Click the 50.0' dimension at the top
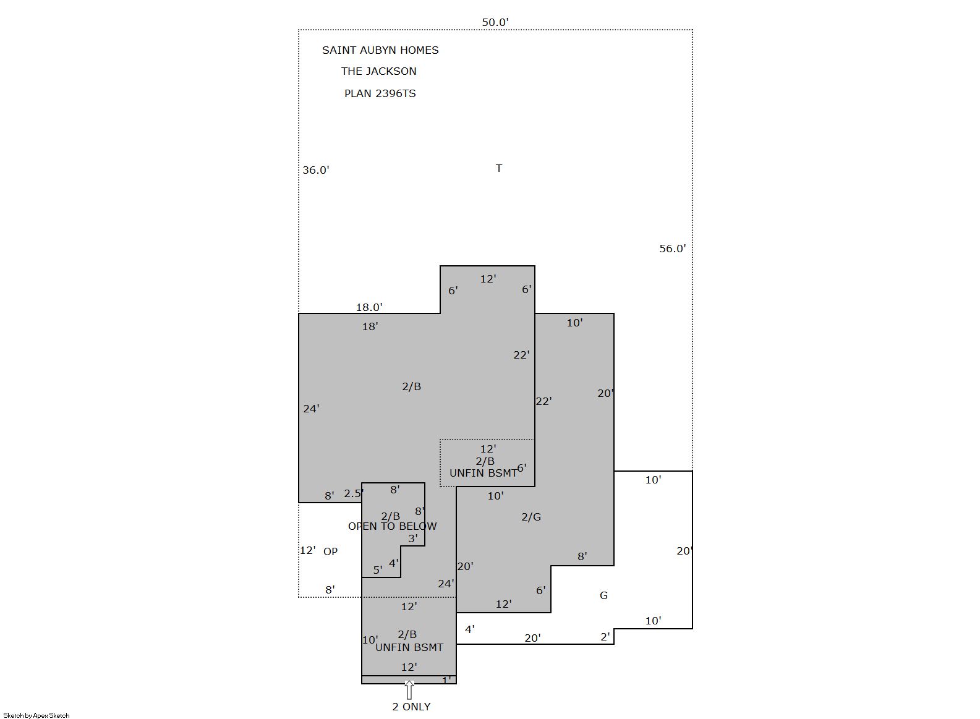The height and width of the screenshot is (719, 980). click(495, 22)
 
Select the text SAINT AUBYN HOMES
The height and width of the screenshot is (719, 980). click(380, 50)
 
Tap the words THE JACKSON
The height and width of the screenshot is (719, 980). click(379, 71)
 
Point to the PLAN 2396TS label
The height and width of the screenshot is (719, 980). click(380, 93)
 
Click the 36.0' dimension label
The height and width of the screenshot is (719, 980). click(315, 170)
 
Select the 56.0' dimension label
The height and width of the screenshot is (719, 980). click(673, 249)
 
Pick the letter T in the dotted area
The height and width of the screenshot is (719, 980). click(499, 168)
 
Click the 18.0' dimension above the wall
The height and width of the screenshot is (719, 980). click(369, 307)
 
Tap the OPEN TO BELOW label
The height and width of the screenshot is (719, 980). click(393, 526)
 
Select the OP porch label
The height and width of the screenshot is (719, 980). click(330, 551)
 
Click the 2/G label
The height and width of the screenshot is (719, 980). click(531, 517)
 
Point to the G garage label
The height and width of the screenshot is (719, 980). click(603, 595)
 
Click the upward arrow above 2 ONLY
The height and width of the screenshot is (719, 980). click(409, 690)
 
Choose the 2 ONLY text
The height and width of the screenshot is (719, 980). click(411, 707)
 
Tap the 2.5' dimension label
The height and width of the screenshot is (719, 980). click(354, 494)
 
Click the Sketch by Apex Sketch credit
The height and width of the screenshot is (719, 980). click(36, 715)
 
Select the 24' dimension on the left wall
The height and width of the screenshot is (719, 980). click(311, 409)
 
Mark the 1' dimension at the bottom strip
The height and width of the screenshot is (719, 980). click(446, 680)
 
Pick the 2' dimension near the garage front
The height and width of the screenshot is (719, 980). click(605, 637)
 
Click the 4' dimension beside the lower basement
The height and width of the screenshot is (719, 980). click(469, 629)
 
